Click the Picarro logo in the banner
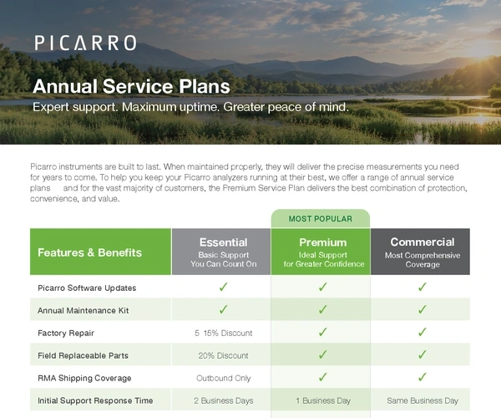(86, 43)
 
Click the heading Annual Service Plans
(131, 86)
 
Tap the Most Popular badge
(321, 219)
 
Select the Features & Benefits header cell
(101, 252)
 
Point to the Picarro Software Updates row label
(87, 288)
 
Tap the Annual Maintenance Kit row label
(83, 310)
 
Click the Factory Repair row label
(66, 333)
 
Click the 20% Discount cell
(223, 355)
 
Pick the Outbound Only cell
(223, 378)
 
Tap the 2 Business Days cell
(223, 400)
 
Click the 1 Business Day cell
(323, 400)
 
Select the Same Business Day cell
(423, 400)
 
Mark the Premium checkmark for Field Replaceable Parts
(322, 354)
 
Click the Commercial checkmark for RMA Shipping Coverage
(422, 377)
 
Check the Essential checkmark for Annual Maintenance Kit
(223, 309)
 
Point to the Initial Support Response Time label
(95, 400)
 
